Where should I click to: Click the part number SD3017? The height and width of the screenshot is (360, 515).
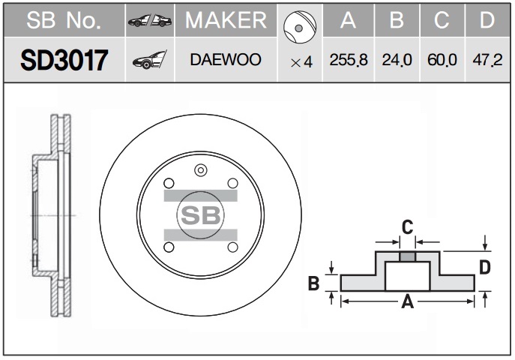(x=64, y=60)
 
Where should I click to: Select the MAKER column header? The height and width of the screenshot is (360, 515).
(x=226, y=20)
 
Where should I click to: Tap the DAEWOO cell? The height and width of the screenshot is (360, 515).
(x=226, y=59)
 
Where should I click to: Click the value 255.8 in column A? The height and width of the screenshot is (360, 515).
(x=349, y=60)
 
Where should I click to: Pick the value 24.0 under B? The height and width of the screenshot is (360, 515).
(x=397, y=60)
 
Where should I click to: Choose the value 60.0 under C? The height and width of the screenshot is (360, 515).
(x=442, y=60)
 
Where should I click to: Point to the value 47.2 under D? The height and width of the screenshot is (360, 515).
(x=487, y=60)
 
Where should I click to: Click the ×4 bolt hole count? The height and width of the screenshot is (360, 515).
(x=301, y=61)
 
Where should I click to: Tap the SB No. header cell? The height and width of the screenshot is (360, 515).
(x=64, y=20)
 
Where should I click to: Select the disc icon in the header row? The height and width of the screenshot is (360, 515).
(x=300, y=27)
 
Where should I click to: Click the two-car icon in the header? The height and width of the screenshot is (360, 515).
(x=150, y=21)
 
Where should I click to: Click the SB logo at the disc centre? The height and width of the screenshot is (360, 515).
(x=201, y=215)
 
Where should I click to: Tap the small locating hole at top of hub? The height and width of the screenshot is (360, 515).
(x=201, y=170)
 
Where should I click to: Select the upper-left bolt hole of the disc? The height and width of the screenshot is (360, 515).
(x=169, y=183)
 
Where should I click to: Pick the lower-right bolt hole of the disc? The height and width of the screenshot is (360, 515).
(x=232, y=247)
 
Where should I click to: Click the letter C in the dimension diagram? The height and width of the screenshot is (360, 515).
(x=407, y=227)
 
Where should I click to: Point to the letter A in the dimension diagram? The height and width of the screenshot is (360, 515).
(x=407, y=301)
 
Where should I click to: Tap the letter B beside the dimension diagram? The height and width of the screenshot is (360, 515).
(x=313, y=283)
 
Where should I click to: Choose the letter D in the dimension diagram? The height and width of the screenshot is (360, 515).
(x=485, y=267)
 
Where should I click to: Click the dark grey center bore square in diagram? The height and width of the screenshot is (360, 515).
(x=407, y=256)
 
